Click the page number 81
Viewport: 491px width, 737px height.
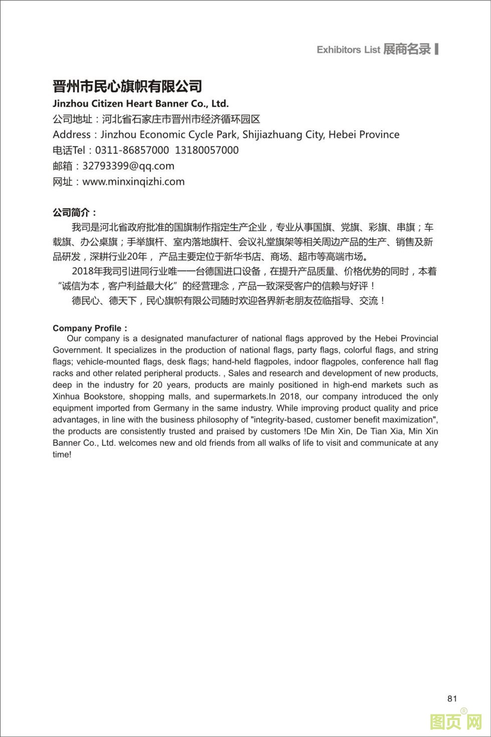(x=452, y=698)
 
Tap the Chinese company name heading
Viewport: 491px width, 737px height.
(x=127, y=86)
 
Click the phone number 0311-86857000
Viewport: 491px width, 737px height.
(x=132, y=150)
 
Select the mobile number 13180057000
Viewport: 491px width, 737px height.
(x=206, y=150)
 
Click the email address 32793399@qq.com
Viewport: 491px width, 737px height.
(x=128, y=166)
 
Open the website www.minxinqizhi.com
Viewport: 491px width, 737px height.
(x=133, y=181)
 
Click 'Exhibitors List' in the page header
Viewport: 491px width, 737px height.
(x=348, y=50)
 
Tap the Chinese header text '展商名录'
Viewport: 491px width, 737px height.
(x=407, y=49)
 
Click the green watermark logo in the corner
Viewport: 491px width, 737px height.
(x=456, y=721)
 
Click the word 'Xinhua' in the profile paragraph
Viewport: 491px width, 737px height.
(x=66, y=397)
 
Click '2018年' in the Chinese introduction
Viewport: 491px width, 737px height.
(x=87, y=272)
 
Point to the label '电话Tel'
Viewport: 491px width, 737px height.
(x=70, y=150)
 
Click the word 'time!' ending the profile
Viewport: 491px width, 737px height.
(x=62, y=454)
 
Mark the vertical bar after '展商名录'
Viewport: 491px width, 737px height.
(x=437, y=49)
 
